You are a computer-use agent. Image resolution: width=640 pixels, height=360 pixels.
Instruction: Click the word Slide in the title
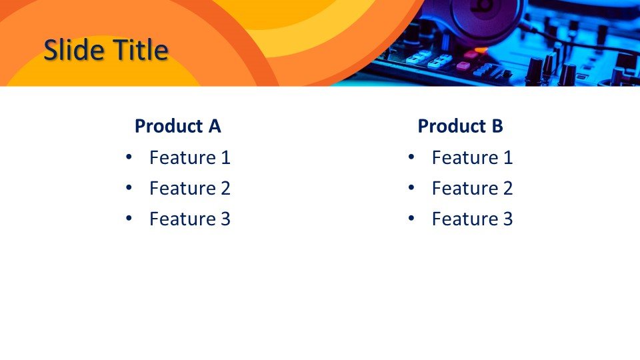coord(73,50)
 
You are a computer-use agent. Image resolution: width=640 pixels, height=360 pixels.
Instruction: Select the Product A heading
coord(177,126)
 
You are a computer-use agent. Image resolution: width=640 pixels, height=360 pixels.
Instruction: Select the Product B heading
coord(460,126)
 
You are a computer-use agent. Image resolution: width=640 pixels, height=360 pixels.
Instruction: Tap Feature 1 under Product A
coord(190,157)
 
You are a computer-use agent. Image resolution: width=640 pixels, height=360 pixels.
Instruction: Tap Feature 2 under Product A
coord(190,188)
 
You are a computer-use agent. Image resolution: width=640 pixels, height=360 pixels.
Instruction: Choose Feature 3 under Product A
coord(190,219)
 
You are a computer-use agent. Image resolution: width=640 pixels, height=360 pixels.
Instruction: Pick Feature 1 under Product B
coord(472,157)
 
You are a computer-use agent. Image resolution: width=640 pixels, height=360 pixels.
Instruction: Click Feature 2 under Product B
coord(472,188)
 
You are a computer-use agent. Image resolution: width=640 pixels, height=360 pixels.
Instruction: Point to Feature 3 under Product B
coord(472,219)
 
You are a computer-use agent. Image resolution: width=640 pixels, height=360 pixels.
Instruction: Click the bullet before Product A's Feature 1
coord(129,156)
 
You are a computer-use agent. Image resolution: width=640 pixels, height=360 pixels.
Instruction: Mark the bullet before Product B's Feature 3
coord(411,217)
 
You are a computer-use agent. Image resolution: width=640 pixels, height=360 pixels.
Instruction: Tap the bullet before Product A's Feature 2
coord(129,187)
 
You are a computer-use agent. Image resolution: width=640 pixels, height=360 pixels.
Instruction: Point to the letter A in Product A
coord(215,126)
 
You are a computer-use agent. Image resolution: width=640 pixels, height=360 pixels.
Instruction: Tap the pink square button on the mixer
coord(463,65)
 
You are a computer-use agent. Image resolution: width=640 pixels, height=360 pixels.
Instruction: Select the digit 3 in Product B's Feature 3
coord(508,219)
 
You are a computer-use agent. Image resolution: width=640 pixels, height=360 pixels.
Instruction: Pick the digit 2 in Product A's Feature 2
coord(226,188)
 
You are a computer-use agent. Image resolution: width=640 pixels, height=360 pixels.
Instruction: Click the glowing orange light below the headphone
coord(481,50)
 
